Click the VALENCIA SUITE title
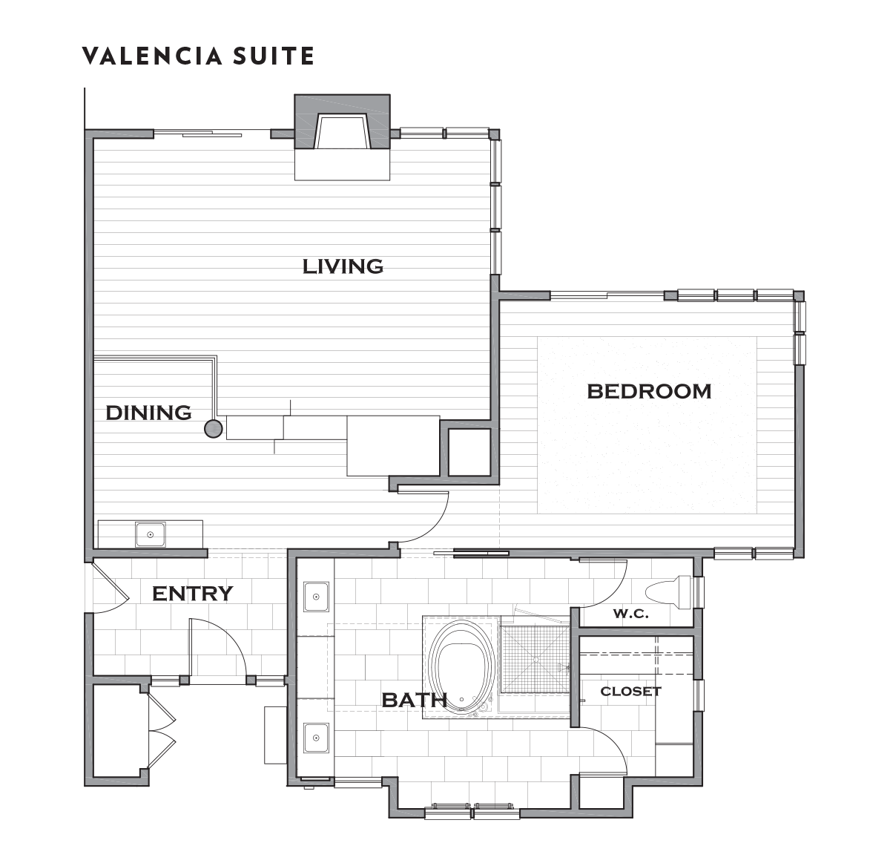click(x=198, y=56)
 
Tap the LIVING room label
click(x=343, y=266)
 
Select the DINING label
click(x=148, y=413)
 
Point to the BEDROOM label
click(x=649, y=391)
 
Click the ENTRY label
click(x=193, y=594)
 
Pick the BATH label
click(x=415, y=700)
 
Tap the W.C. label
click(x=630, y=614)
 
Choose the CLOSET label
click(x=630, y=691)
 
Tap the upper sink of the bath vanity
click(x=317, y=597)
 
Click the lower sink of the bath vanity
click(x=317, y=738)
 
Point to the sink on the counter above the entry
click(x=150, y=534)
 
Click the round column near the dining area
click(x=213, y=429)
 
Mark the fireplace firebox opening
click(x=343, y=133)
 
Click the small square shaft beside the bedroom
click(x=469, y=452)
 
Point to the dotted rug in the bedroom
click(x=647, y=424)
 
